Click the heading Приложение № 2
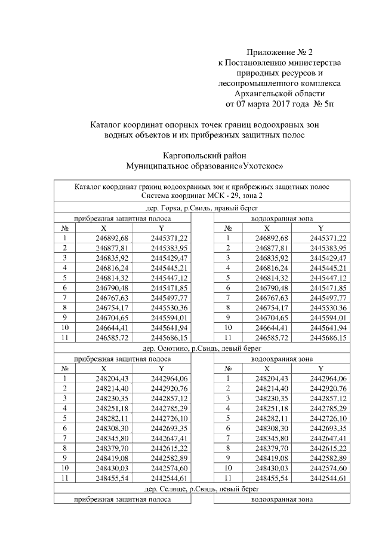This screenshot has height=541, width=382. (x=279, y=52)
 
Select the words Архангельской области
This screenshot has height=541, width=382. (x=280, y=94)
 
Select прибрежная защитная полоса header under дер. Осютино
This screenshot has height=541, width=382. (x=122, y=359)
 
